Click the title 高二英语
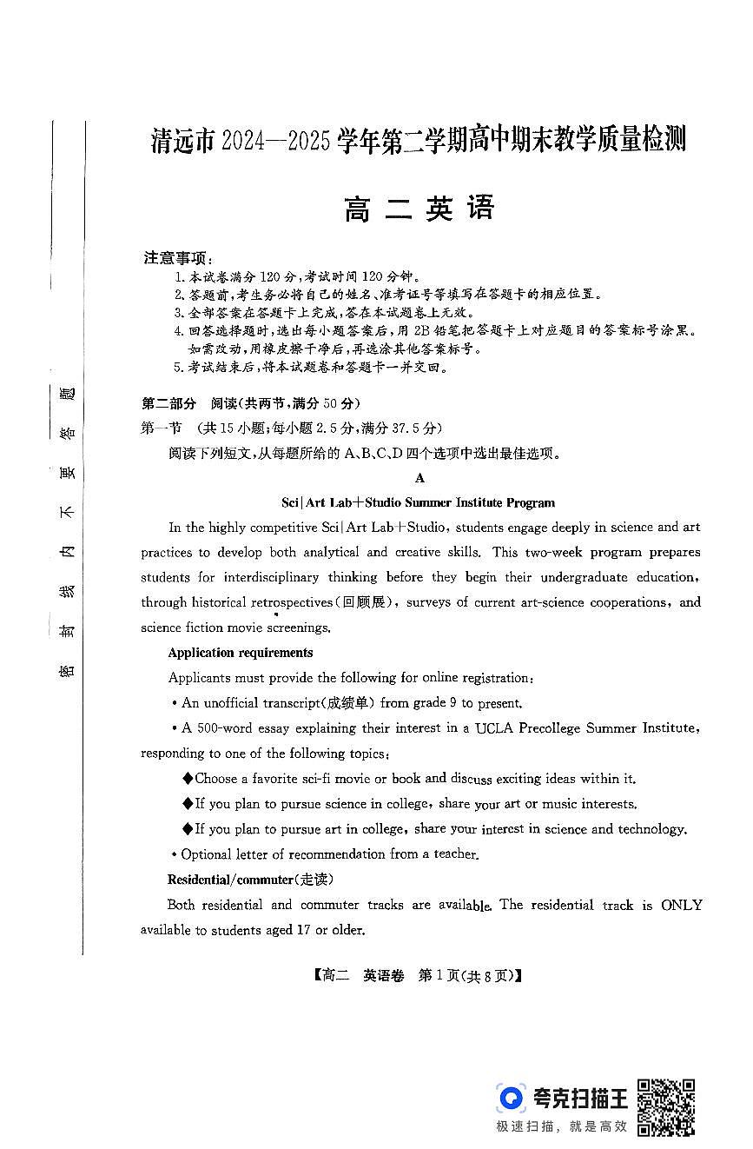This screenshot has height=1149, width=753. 419,209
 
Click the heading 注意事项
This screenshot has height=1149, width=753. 177,258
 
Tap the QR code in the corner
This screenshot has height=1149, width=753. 666,1106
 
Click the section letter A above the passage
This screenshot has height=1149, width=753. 419,478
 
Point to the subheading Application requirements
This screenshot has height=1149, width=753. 240,653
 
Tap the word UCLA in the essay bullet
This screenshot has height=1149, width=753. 493,728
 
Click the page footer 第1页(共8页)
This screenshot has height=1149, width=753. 469,976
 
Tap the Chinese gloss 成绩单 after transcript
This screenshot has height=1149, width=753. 349,703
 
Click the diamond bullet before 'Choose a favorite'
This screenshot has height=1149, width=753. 188,779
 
